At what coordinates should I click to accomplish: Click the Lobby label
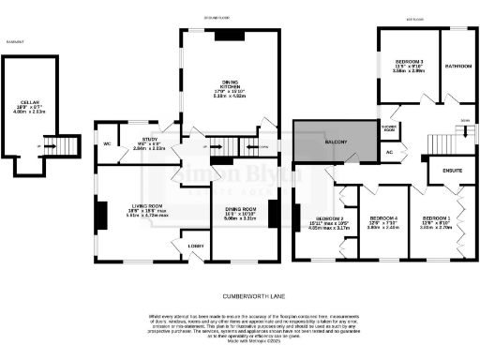click(196, 246)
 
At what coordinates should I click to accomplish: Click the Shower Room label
click(390, 127)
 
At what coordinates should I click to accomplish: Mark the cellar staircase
click(64, 146)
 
